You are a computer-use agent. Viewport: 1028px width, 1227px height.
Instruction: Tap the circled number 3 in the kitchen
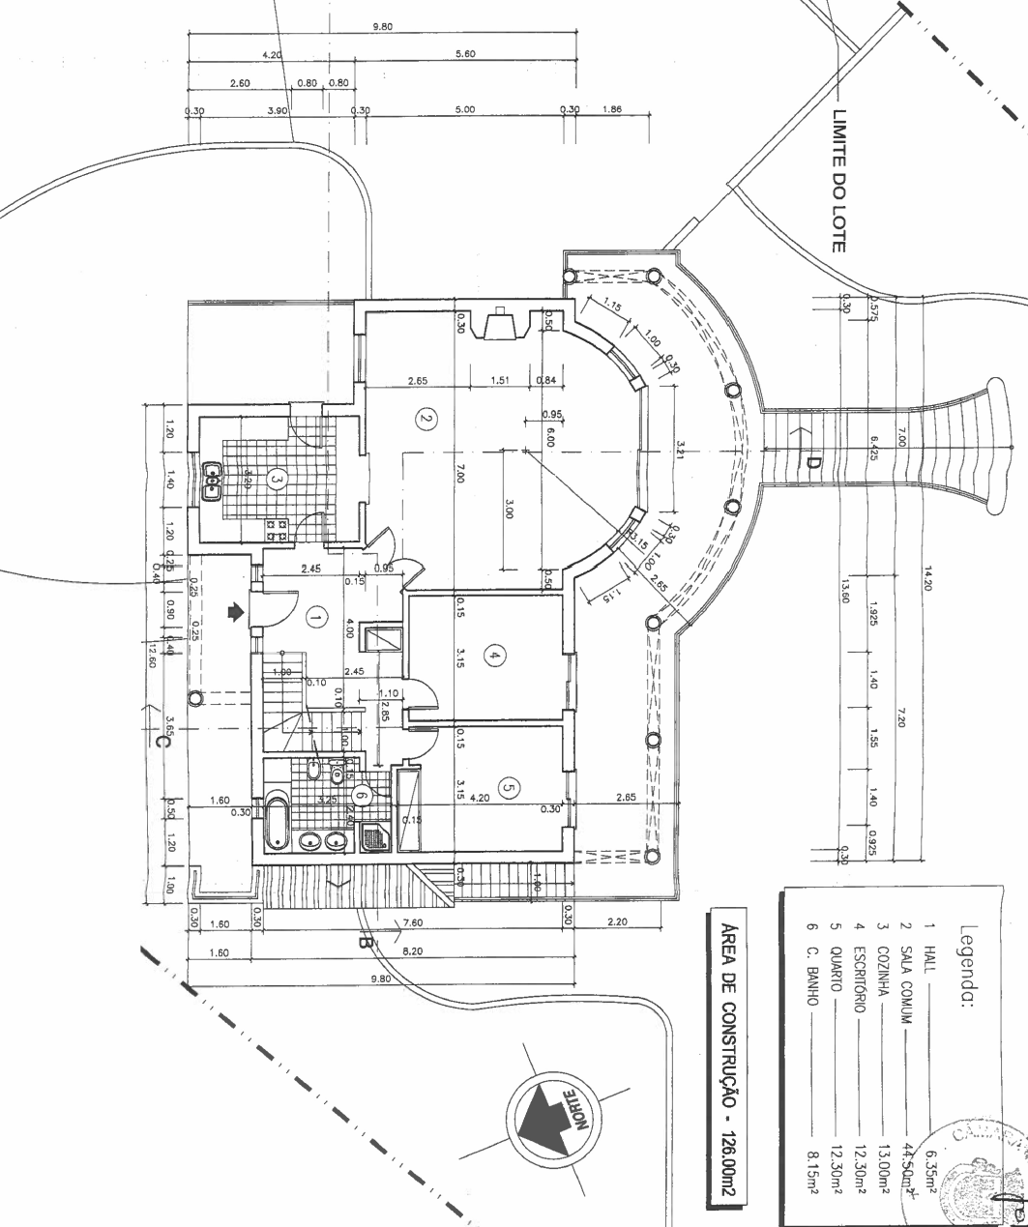(278, 478)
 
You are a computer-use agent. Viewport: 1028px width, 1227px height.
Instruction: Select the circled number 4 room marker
(494, 657)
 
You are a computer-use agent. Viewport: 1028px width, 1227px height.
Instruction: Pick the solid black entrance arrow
(233, 611)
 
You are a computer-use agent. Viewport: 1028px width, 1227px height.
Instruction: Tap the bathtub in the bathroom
(278, 821)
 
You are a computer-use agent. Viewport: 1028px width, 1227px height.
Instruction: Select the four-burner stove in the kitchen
(278, 529)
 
